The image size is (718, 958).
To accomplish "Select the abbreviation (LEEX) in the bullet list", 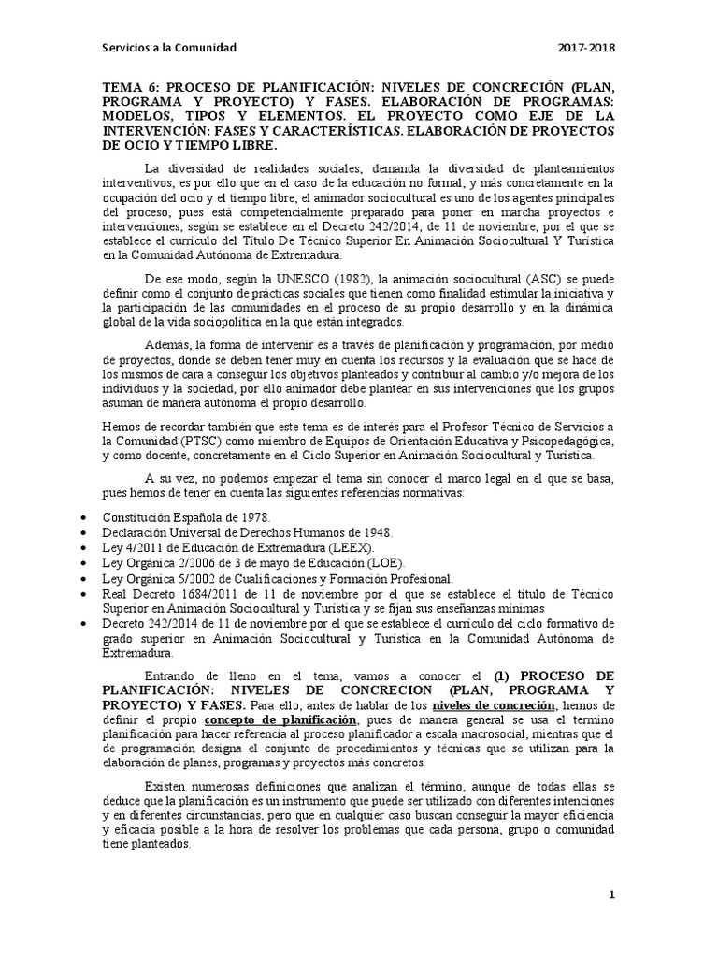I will pyautogui.click(x=355, y=546).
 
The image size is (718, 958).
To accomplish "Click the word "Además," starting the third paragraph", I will pyautogui.click(x=168, y=347).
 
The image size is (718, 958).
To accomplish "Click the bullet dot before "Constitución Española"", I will pyautogui.click(x=86, y=517).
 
